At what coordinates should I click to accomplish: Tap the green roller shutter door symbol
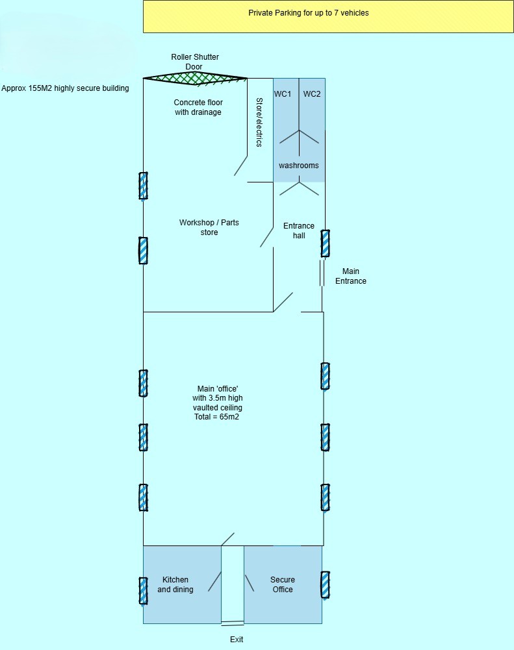click(x=195, y=78)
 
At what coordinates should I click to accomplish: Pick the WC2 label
click(x=312, y=94)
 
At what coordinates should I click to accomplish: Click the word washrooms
click(x=299, y=166)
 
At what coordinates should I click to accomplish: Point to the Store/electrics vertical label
click(x=259, y=122)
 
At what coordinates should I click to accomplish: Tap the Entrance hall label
click(x=299, y=231)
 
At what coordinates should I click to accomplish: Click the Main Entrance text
click(x=350, y=276)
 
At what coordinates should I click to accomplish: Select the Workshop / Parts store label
click(x=209, y=227)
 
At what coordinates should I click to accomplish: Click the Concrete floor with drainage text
click(x=198, y=107)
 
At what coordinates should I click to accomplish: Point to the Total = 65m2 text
click(x=217, y=417)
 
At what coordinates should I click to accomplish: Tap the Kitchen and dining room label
click(x=175, y=584)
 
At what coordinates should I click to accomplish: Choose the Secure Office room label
click(x=283, y=584)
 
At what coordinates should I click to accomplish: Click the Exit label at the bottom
click(x=237, y=640)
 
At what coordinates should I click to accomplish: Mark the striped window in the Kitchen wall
click(x=143, y=590)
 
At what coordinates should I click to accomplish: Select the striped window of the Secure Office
click(x=324, y=585)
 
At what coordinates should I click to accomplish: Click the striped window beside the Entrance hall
click(x=325, y=244)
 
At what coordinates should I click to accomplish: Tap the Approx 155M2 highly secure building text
click(x=65, y=88)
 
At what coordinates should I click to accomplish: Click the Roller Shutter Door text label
click(x=195, y=62)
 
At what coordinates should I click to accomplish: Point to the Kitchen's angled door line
click(x=214, y=581)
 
